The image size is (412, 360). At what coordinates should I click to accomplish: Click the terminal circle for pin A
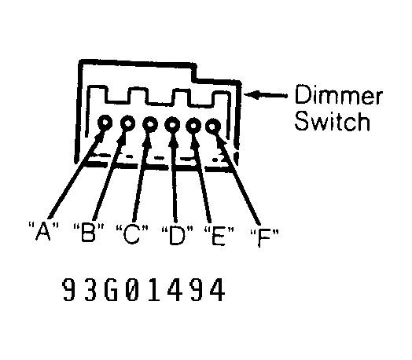tap(105, 123)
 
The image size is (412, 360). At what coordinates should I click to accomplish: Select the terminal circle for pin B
tap(128, 123)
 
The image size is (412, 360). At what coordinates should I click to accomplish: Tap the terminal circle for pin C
tap(150, 123)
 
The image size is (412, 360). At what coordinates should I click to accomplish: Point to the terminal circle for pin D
tap(172, 124)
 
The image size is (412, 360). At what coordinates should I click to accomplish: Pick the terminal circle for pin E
tap(193, 126)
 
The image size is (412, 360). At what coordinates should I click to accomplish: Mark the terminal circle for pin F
tap(213, 127)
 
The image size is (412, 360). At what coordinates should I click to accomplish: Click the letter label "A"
tap(42, 231)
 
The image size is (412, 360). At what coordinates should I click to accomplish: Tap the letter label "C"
tap(132, 233)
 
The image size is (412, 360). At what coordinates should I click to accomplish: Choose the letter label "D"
tap(177, 235)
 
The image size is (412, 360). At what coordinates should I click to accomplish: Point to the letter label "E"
tap(219, 236)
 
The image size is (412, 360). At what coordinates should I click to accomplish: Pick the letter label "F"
tap(264, 237)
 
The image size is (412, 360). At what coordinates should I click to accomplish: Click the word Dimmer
tap(338, 94)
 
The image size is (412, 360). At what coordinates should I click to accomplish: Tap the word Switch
tap(333, 121)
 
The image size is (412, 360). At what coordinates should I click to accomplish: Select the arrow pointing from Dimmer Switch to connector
tap(266, 95)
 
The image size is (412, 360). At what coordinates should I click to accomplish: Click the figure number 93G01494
tap(143, 290)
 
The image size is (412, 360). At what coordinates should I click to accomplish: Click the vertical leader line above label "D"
tap(175, 178)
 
